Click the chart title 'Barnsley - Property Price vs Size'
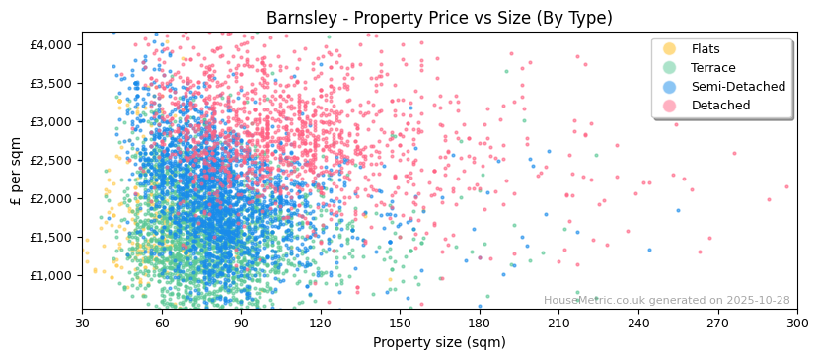click(439, 18)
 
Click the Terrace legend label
click(713, 68)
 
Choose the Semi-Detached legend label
click(738, 87)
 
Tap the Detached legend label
click(719, 106)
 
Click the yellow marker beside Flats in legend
click(669, 49)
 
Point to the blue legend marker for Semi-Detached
click(669, 87)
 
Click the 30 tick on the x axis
click(82, 323)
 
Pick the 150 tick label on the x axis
click(400, 323)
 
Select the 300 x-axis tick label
click(796, 323)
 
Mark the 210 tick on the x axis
click(558, 323)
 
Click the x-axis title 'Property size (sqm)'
click(439, 343)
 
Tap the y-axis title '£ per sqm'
click(16, 171)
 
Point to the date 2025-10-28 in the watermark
click(757, 301)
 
